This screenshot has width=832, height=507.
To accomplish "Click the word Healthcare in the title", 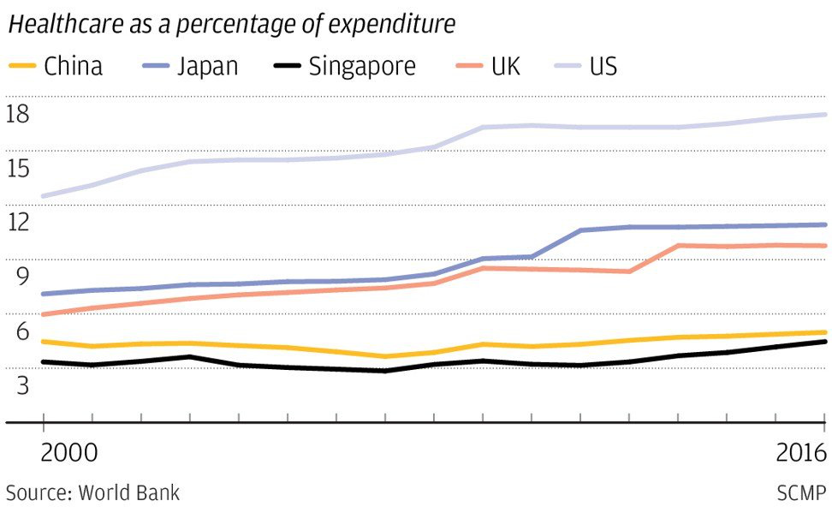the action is [x=66, y=24].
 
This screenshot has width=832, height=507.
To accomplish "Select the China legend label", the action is [x=74, y=66].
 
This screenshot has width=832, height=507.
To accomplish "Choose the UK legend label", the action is [x=506, y=66].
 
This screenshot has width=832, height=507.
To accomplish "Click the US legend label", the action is [x=603, y=66].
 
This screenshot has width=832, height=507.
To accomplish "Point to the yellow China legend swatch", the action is [x=22, y=66].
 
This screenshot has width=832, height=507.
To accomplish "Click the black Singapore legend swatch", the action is [x=287, y=66].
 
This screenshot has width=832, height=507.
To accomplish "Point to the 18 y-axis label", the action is [x=17, y=114].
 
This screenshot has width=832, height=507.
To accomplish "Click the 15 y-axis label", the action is [x=17, y=169].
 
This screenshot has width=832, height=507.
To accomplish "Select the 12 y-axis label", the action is [x=17, y=221].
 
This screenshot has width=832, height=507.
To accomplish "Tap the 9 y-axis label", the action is [x=23, y=276].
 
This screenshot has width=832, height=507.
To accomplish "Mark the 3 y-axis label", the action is [x=23, y=385].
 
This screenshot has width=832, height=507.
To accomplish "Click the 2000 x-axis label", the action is [x=69, y=453].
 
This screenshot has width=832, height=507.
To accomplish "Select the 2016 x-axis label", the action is [x=801, y=453].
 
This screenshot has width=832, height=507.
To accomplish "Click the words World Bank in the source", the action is [x=129, y=492].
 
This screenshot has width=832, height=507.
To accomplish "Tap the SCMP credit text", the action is [x=802, y=492].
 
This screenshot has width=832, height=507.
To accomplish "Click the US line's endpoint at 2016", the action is [x=824, y=115].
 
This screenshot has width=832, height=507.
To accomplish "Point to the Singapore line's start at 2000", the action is [x=44, y=362].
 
